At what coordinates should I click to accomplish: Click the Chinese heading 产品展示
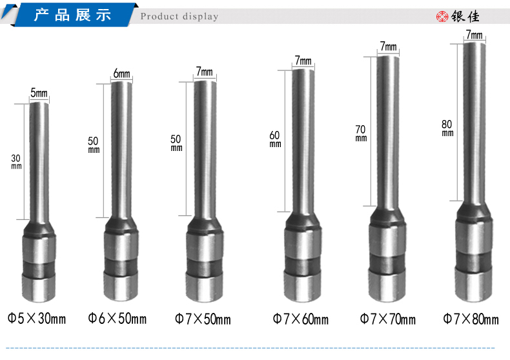72,15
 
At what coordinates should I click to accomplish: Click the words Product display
179,17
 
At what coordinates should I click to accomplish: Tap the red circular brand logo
442,16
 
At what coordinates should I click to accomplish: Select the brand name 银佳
465,17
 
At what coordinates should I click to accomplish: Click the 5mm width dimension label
39,93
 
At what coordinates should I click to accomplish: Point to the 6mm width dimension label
121,74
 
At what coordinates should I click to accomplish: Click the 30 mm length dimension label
16,162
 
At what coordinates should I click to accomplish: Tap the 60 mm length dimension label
275,139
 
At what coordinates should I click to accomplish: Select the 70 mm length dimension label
361,133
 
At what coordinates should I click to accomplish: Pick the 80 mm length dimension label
447,128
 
